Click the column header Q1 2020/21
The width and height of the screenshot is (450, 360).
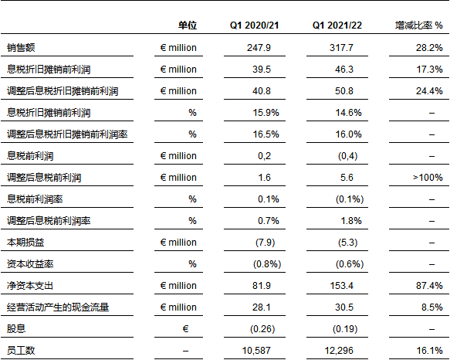click(x=254, y=25)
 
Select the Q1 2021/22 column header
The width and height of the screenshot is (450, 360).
click(x=337, y=25)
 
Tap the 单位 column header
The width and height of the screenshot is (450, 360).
click(x=188, y=25)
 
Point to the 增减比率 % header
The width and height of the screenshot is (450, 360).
click(x=418, y=25)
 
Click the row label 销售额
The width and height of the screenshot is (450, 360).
click(x=21, y=47)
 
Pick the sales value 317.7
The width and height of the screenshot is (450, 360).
click(x=341, y=47)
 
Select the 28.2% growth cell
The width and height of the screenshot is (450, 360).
click(x=429, y=47)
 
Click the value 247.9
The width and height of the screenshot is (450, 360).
click(x=259, y=47)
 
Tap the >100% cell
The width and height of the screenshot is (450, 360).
click(x=428, y=177)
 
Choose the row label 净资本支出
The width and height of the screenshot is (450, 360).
click(x=30, y=286)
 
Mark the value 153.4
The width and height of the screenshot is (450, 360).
click(x=341, y=286)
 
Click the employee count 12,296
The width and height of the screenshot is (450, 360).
click(x=339, y=351)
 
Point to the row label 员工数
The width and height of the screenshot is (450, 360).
click(x=21, y=351)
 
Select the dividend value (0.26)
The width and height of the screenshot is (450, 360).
click(x=262, y=328)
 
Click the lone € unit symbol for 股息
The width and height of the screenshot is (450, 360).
click(x=185, y=328)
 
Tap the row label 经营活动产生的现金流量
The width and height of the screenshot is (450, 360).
click(x=58, y=307)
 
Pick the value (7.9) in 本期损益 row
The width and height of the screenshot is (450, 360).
click(x=265, y=243)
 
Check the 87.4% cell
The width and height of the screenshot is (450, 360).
click(x=429, y=286)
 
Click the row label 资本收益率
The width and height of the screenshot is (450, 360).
click(x=30, y=263)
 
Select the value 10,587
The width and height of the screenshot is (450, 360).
click(x=256, y=351)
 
